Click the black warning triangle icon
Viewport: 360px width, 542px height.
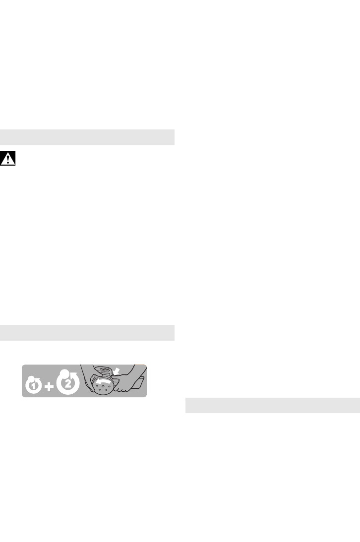click(x=8, y=159)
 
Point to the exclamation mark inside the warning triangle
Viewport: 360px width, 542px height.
click(x=8, y=160)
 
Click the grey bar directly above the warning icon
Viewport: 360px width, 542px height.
click(x=87, y=137)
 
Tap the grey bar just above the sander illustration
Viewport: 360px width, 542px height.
click(x=87, y=332)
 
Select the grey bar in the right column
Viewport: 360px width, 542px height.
click(x=272, y=405)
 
